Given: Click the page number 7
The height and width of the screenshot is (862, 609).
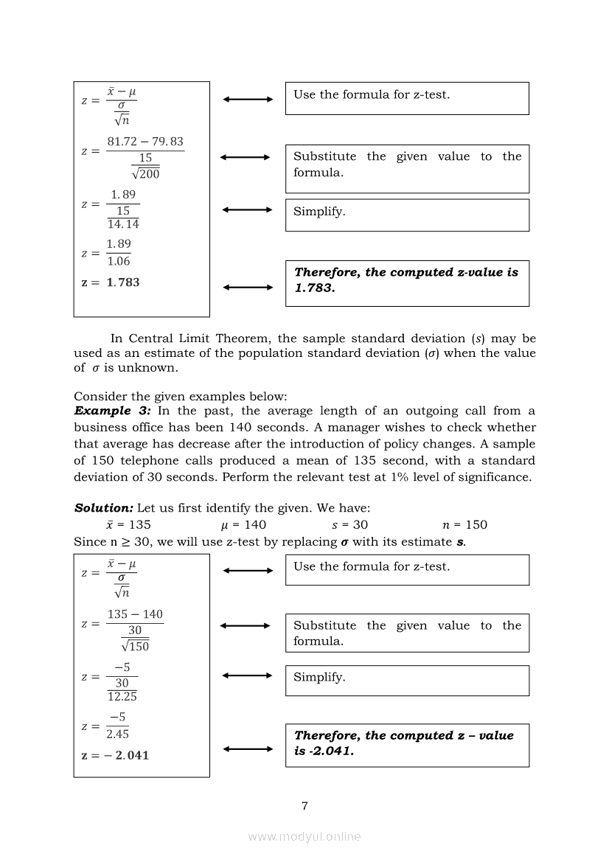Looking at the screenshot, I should click(304, 805).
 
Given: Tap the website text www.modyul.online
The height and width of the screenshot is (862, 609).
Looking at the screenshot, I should click(304, 836).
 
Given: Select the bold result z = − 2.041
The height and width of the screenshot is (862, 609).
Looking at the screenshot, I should click(115, 755).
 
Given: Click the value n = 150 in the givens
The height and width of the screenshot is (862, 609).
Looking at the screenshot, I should click(464, 525).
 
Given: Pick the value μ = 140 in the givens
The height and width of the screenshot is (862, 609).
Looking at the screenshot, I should click(243, 525).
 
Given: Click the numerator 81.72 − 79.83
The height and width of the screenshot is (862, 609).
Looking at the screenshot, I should click(145, 142).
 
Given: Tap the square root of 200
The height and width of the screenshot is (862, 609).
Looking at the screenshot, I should click(145, 174).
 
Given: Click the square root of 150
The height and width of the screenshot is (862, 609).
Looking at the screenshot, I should click(135, 646).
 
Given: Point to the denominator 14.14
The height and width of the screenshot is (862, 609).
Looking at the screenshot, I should click(123, 224).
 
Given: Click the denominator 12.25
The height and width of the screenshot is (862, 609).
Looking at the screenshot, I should click(122, 696).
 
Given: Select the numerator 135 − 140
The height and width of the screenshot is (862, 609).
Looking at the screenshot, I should click(135, 614).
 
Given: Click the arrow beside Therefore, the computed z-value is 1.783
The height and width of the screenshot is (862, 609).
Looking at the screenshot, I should click(248, 288).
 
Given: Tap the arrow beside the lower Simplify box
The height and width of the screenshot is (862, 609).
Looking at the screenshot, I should click(248, 675).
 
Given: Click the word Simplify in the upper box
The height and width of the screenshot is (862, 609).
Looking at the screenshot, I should click(319, 211).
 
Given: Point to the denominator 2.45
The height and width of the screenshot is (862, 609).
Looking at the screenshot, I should click(117, 734).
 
